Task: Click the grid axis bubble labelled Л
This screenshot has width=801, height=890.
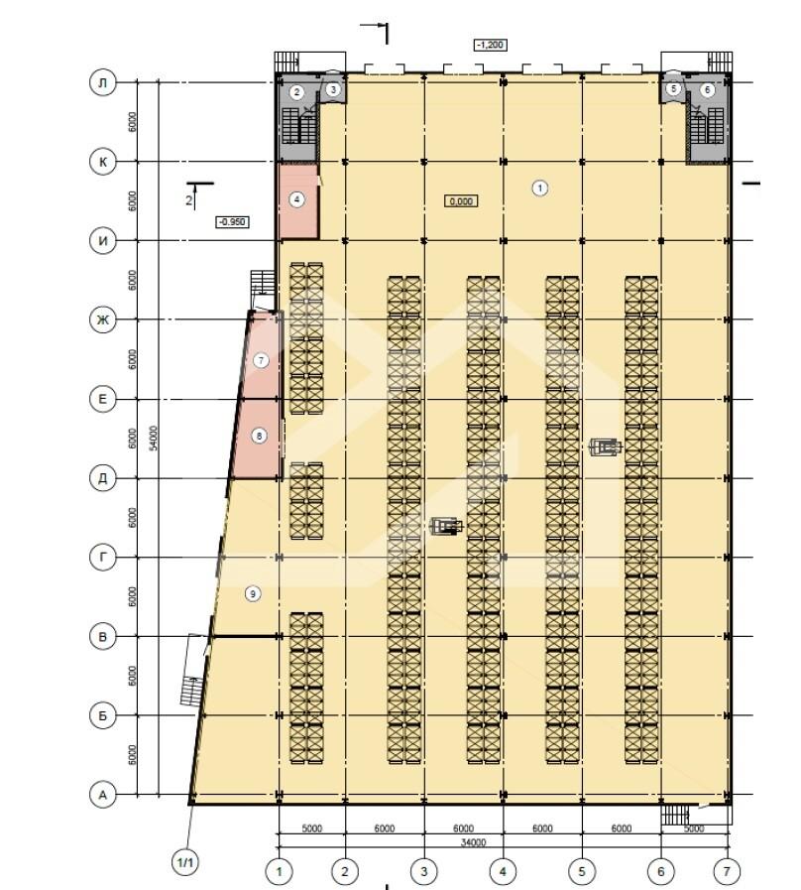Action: pyautogui.click(x=103, y=83)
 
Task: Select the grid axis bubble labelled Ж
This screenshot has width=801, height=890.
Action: pyautogui.click(x=103, y=320)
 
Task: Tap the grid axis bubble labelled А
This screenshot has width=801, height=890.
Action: pyautogui.click(x=103, y=795)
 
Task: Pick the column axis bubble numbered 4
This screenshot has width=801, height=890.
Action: pyautogui.click(x=503, y=871)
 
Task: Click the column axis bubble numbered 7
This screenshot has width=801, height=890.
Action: pyautogui.click(x=728, y=871)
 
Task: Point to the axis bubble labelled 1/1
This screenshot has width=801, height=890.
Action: pyautogui.click(x=186, y=863)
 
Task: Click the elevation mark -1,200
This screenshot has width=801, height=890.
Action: pyautogui.click(x=490, y=45)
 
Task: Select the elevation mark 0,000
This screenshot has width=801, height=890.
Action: pyautogui.click(x=461, y=201)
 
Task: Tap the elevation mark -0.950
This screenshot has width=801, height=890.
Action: pyautogui.click(x=233, y=222)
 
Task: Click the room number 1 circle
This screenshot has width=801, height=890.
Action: pyautogui.click(x=540, y=188)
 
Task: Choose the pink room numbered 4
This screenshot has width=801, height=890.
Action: pyautogui.click(x=297, y=201)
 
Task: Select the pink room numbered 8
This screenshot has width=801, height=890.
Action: pyautogui.click(x=257, y=439)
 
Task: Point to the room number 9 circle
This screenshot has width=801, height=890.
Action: pyautogui.click(x=253, y=594)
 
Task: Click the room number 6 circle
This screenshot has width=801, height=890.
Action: pyautogui.click(x=707, y=89)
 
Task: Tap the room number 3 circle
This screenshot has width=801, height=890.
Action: pyautogui.click(x=333, y=89)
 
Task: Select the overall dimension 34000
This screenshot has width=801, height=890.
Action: pyautogui.click(x=473, y=843)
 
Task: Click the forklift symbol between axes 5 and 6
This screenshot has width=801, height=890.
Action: pyautogui.click(x=606, y=447)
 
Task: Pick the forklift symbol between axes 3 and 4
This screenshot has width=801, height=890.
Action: pyautogui.click(x=446, y=526)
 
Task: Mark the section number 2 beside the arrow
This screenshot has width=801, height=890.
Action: pyautogui.click(x=189, y=200)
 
